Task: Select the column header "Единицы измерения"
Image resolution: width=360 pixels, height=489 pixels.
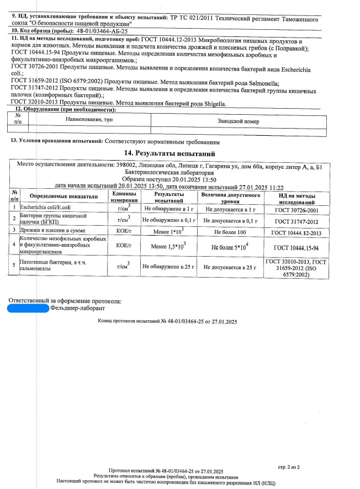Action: coord(120,196)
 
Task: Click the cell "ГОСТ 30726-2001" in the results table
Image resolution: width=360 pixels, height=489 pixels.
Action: coord(296,210)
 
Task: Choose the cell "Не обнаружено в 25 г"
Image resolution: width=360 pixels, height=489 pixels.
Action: coord(169,267)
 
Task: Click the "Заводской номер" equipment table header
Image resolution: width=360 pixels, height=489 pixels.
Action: coord(238,121)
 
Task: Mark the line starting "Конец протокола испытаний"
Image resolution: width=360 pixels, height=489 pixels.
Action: coord(167,321)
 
